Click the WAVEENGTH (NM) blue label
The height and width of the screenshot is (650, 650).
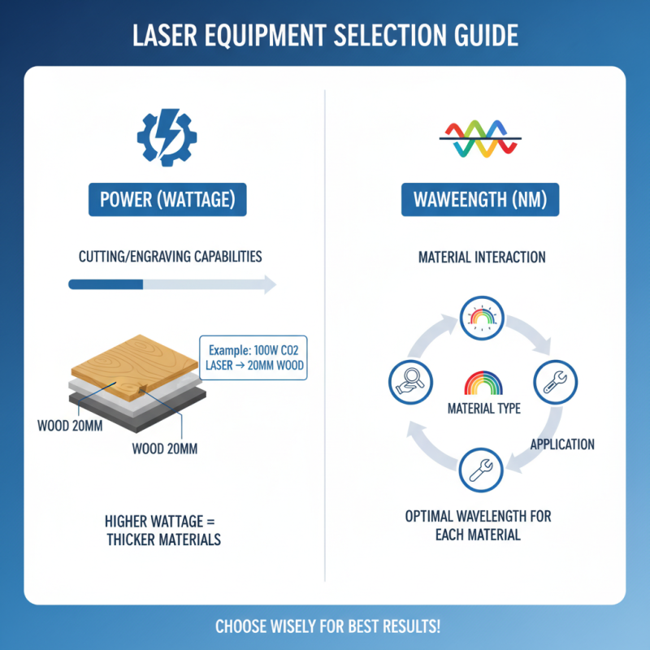pos(482,199)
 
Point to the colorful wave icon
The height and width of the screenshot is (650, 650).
pos(482,139)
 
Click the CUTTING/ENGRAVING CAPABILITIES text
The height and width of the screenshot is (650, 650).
pos(170,257)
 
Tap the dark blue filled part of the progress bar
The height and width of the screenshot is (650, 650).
pos(106,284)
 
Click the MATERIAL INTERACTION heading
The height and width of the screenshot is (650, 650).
pos(482,258)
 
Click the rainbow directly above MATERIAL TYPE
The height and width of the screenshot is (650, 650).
pos(482,384)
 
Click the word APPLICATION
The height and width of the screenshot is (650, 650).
pos(561,444)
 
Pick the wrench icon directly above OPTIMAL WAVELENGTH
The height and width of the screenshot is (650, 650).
pos(482,469)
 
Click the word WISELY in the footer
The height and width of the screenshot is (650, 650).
pos(299,627)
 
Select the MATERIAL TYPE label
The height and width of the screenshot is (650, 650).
pos(482,408)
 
